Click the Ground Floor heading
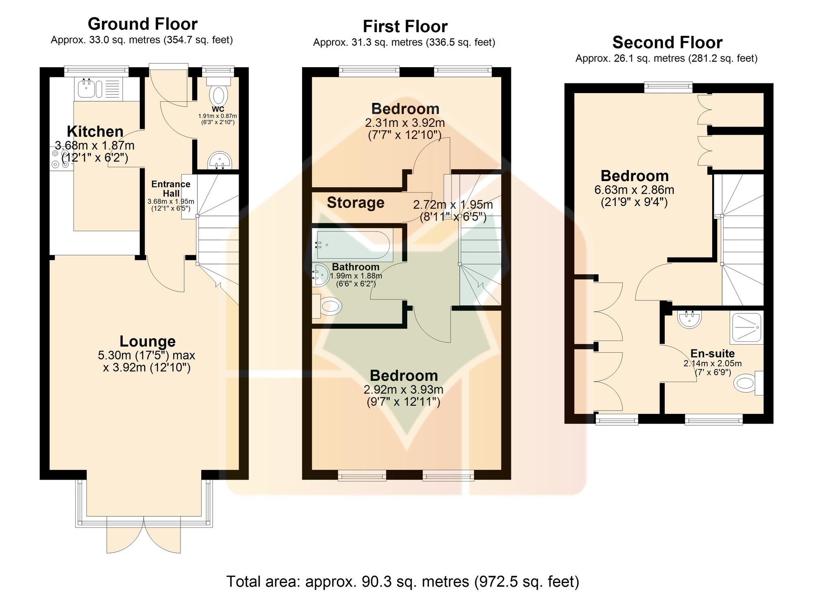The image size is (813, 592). (143, 24)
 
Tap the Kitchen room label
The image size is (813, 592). (95, 131)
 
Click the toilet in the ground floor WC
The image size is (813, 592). (218, 91)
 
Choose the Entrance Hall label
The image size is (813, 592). (171, 189)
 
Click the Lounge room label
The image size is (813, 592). (148, 341)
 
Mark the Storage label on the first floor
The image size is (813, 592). (356, 202)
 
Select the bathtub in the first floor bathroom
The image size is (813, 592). (352, 245)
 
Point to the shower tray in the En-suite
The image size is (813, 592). (747, 327)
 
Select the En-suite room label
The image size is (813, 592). (713, 354)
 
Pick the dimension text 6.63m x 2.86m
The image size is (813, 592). (635, 190)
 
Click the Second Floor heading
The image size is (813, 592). (667, 42)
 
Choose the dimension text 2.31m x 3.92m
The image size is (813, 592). (405, 122)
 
